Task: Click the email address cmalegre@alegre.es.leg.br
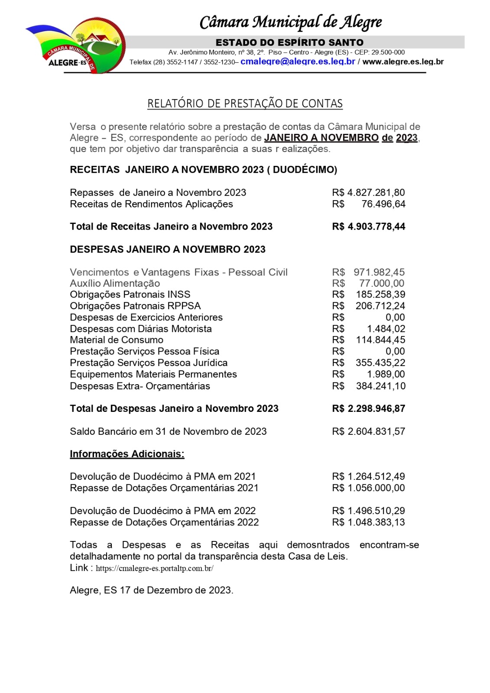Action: [298, 62]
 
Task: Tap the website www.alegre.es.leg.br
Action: [403, 62]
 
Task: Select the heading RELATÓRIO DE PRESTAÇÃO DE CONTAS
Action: [245, 104]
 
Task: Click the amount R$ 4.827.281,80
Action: [368, 192]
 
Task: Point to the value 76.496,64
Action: [383, 204]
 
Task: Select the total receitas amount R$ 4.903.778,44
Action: [368, 227]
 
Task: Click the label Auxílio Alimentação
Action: [115, 283]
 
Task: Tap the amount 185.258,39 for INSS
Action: [380, 295]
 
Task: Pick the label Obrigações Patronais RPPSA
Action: [135, 306]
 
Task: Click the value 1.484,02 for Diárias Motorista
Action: [386, 329]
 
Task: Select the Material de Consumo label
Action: [117, 340]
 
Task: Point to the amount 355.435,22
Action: [380, 363]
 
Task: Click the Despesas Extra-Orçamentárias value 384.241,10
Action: [380, 386]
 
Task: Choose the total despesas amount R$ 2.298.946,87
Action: [368, 408]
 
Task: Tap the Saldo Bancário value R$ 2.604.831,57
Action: [368, 431]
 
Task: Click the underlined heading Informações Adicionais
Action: [127, 454]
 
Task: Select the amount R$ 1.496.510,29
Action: [368, 511]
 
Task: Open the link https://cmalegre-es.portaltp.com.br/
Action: [154, 568]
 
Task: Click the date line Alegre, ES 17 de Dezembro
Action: [151, 590]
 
